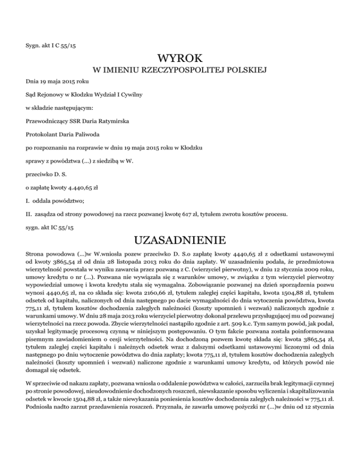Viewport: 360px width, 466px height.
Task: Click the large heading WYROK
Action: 180,59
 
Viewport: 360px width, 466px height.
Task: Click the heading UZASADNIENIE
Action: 180,241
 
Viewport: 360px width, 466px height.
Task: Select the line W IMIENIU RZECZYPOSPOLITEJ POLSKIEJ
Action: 180,71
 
